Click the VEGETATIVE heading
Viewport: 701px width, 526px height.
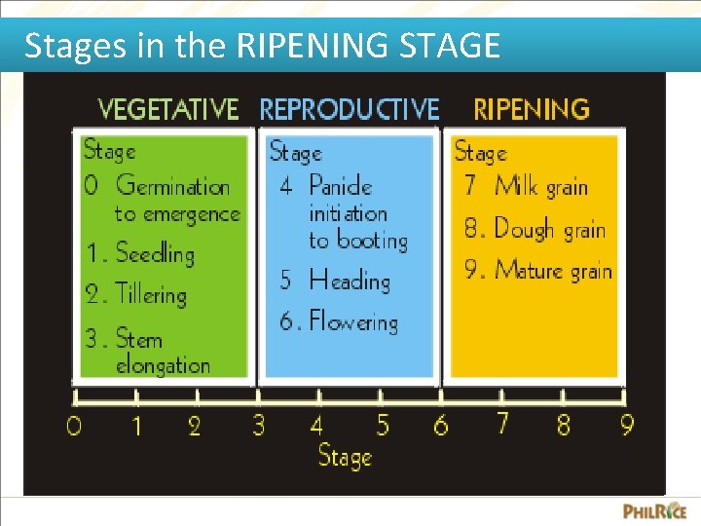coord(167,108)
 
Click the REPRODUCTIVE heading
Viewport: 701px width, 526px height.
coord(349,108)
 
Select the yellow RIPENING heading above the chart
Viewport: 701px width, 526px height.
coord(531,108)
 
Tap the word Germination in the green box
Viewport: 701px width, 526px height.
coord(172,185)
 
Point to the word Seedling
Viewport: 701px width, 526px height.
coord(155,254)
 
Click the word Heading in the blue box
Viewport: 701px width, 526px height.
coord(349,281)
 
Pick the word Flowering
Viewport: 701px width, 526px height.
coord(353,322)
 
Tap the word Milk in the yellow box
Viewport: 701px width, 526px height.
coord(516,185)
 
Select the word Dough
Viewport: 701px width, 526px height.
coord(524,229)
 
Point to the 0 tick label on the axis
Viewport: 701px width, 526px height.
coord(73,427)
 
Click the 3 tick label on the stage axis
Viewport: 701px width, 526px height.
coord(259,426)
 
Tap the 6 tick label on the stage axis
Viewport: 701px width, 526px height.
coord(441,426)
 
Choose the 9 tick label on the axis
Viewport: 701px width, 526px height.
coord(626,425)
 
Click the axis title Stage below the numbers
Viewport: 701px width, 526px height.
coord(345,457)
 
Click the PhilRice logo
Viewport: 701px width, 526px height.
coord(654,510)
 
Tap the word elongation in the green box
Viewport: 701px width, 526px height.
coord(163,366)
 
